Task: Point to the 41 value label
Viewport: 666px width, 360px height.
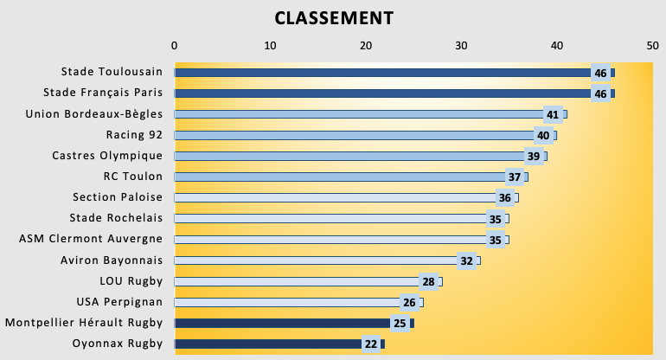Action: click(x=553, y=114)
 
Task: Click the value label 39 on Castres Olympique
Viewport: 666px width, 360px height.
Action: click(x=534, y=156)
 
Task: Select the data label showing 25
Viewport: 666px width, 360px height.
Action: click(x=400, y=324)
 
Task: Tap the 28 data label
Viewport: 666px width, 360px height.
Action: click(x=428, y=282)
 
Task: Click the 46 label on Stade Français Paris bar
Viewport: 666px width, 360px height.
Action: click(x=600, y=93)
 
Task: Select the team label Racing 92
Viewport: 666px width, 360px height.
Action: click(x=134, y=135)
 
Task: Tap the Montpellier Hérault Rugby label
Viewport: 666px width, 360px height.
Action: click(x=84, y=323)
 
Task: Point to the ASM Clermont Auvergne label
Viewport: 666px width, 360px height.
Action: click(x=91, y=239)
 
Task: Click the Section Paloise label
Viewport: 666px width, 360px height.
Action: click(x=118, y=197)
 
